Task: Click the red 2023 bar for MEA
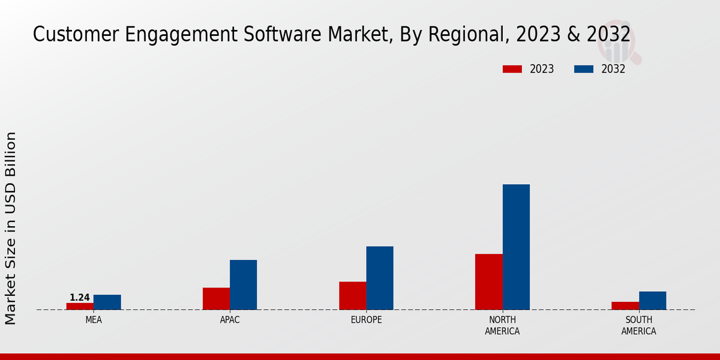pos(80,306)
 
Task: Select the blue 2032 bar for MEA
pos(107,302)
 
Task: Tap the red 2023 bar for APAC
pos(216,298)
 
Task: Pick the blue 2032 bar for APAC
pos(243,284)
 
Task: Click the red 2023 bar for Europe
pos(352,295)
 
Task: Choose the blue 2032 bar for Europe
pos(380,278)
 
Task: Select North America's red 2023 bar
pos(488,281)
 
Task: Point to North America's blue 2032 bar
pos(516,247)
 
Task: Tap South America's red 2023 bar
pos(625,305)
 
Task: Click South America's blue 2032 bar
pos(652,300)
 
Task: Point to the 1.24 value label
pos(80,298)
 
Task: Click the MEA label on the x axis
pos(94,320)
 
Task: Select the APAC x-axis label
pos(230,320)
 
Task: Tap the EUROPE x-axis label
pos(366,320)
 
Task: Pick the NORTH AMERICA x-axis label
pos(502,325)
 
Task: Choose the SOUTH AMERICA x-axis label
pos(638,325)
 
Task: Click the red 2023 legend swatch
pos(512,69)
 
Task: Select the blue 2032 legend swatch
pos(583,69)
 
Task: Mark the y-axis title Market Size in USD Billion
pos(11,228)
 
